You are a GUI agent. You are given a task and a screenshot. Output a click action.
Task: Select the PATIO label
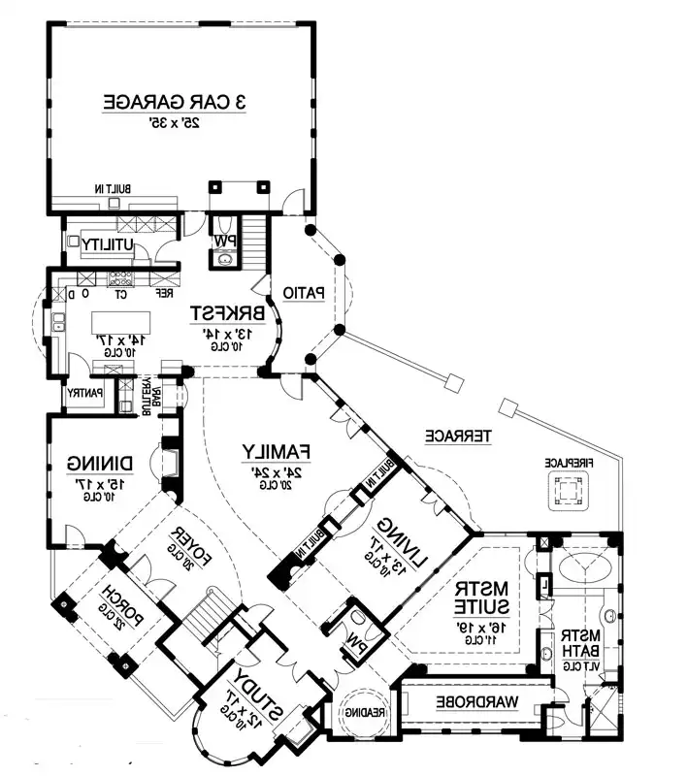tap(303, 292)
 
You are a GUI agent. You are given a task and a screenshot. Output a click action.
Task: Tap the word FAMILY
tap(276, 451)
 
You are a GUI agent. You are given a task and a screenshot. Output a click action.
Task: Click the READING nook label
tap(363, 713)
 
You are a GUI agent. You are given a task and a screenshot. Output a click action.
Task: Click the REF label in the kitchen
tap(165, 292)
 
